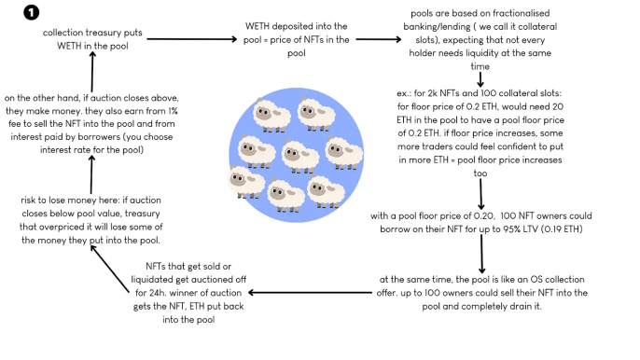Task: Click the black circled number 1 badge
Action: [x=32, y=13]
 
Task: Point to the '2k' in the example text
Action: [x=432, y=93]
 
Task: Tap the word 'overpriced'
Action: [x=60, y=228]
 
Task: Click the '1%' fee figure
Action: [x=173, y=111]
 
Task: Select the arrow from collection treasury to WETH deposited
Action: [x=192, y=39]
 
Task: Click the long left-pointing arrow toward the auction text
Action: [x=310, y=293]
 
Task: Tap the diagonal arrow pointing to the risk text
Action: [x=110, y=269]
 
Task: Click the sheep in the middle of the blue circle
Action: [x=300, y=157]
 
